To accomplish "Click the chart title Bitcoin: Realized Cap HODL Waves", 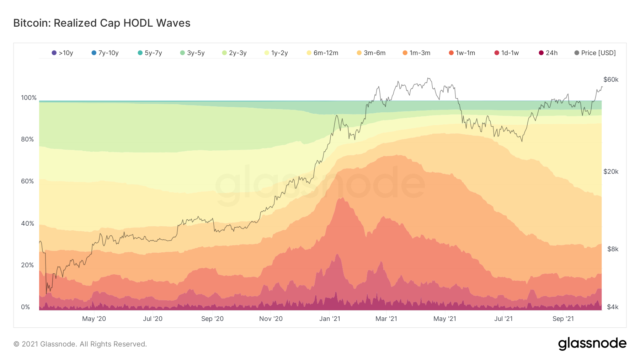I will click(102, 23).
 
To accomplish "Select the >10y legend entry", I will click(63, 53).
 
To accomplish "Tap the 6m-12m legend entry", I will click(322, 53).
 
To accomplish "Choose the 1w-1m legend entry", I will click(462, 53).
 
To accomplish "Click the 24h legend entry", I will click(548, 53).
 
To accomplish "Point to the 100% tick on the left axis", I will click(29, 98).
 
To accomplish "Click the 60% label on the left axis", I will click(27, 181).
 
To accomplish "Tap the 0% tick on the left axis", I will click(26, 307).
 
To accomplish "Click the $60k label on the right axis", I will click(611, 80).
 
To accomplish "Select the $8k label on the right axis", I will click(613, 249).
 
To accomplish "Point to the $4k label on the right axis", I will click(613, 307).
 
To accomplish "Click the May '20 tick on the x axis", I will click(94, 319).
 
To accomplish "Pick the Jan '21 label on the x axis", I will click(330, 319).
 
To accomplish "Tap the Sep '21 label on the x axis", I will click(563, 319).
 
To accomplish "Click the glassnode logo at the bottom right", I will click(592, 344).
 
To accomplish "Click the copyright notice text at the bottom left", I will click(80, 344).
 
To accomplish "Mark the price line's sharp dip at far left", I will click(46, 293).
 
